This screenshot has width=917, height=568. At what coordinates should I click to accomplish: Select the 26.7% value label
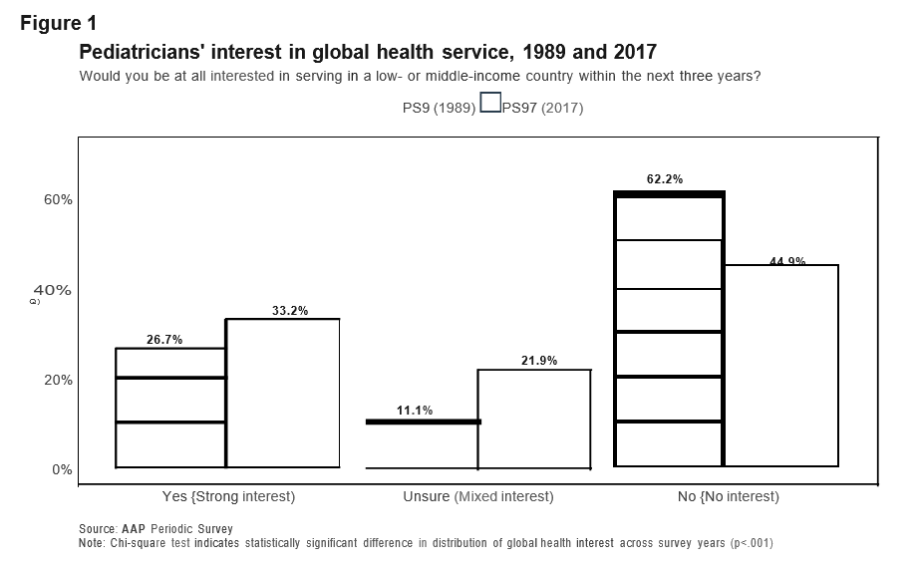point(164,340)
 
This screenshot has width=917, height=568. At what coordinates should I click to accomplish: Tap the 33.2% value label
point(290,311)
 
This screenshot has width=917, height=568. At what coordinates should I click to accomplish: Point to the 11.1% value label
point(414,411)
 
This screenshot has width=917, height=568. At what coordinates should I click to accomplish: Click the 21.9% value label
point(539,361)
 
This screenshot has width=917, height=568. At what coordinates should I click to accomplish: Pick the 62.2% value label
point(665,180)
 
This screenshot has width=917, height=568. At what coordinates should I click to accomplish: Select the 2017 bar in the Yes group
point(283,393)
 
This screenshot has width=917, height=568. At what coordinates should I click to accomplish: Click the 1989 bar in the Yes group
point(170,408)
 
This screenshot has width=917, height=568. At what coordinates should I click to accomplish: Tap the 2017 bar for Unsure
point(534,419)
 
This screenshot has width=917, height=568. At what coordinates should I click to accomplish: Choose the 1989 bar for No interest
point(669,329)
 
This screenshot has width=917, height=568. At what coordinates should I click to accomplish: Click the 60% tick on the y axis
point(57,199)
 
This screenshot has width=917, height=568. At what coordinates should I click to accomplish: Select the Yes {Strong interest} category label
point(228,496)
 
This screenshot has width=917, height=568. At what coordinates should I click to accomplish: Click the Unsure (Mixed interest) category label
point(477,496)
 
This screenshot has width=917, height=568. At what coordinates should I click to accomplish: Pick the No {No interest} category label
point(728,496)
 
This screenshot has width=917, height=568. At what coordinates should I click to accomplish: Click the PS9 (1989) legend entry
point(432,109)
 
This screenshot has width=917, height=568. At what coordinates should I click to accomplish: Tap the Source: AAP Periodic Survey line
point(155,529)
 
